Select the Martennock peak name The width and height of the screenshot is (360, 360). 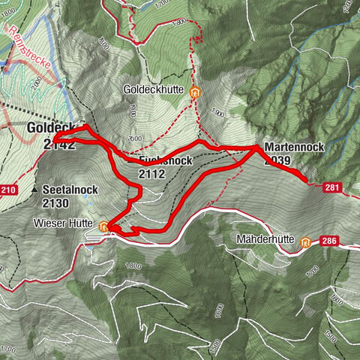click(294, 148)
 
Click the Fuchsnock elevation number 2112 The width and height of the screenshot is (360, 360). click(151, 174)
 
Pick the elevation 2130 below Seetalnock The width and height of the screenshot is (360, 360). click(57, 202)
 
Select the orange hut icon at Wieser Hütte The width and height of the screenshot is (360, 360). click(103, 224)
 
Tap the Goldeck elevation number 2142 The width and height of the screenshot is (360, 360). click(60, 145)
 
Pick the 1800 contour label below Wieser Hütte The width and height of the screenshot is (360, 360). click(133, 267)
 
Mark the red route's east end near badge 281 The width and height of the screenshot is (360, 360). click(305, 181)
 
